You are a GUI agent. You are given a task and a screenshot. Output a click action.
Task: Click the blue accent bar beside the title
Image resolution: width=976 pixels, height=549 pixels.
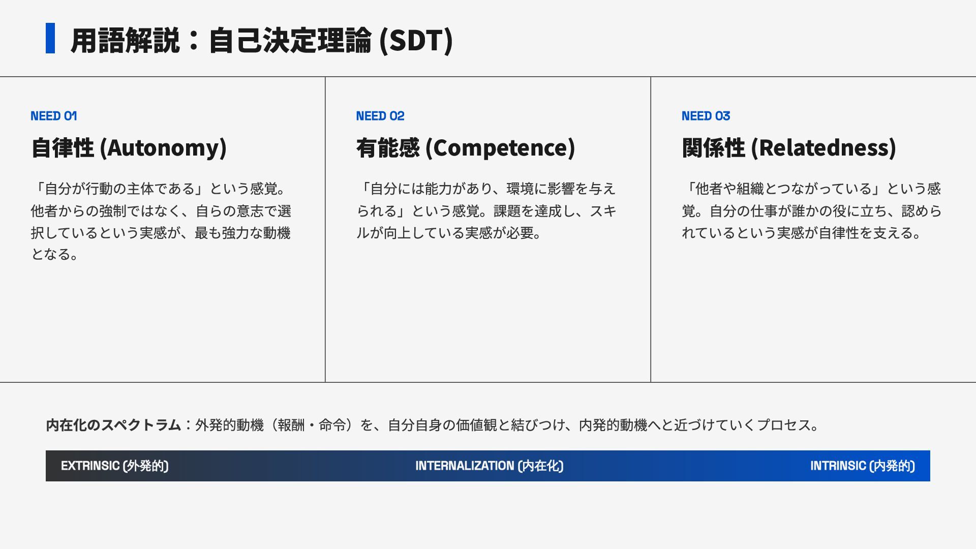click(x=50, y=38)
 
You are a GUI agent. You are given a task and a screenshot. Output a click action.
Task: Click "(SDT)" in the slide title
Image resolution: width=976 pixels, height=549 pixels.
click(x=416, y=41)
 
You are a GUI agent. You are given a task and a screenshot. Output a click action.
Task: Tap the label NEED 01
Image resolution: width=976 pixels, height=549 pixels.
click(x=54, y=116)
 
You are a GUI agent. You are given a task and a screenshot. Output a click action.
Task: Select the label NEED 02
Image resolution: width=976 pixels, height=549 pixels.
click(x=380, y=116)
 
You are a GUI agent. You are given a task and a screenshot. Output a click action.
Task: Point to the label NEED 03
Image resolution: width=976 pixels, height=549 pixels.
click(x=706, y=116)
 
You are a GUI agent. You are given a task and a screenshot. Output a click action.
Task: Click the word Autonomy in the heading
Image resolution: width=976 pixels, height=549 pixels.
click(x=163, y=148)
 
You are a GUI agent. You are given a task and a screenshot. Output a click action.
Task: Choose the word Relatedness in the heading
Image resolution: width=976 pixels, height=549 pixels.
click(x=825, y=148)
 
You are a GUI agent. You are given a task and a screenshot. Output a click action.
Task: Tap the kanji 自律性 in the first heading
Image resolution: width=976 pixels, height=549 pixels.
click(x=63, y=148)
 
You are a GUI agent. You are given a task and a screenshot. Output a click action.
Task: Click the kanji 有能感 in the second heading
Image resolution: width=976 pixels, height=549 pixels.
click(x=388, y=148)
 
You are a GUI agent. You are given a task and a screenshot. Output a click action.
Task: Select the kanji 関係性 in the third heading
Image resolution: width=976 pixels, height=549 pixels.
click(x=714, y=148)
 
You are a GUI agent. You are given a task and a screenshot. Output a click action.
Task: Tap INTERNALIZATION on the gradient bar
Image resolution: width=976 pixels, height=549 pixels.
click(x=465, y=466)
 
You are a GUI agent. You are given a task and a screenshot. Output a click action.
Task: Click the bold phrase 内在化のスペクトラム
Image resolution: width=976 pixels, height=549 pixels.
click(x=113, y=425)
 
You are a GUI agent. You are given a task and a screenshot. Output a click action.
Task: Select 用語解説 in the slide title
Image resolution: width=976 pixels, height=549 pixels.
click(x=125, y=41)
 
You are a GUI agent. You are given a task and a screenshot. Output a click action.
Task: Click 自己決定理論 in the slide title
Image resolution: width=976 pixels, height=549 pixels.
click(x=290, y=41)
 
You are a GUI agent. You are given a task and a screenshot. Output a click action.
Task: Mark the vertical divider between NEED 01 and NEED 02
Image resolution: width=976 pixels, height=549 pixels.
click(x=325, y=229)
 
